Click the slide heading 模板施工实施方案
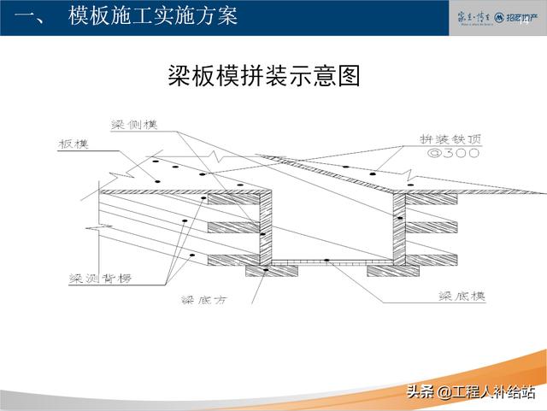(x=153, y=16)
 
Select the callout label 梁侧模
(x=135, y=125)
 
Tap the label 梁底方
(x=207, y=299)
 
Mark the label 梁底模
(x=462, y=296)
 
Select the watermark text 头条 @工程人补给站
(x=470, y=393)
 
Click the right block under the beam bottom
(x=392, y=270)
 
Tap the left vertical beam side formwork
(x=267, y=227)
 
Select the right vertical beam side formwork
(x=397, y=227)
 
